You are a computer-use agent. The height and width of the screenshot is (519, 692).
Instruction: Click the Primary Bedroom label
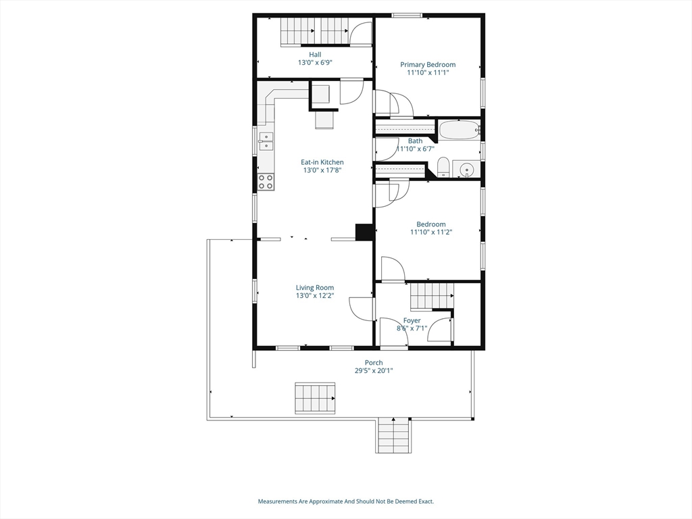tap(428, 65)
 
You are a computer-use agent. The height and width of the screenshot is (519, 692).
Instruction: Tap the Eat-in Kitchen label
tap(322, 162)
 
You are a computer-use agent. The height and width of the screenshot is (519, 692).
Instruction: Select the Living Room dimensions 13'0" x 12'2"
tap(315, 296)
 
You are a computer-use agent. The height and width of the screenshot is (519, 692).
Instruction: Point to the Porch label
tap(374, 363)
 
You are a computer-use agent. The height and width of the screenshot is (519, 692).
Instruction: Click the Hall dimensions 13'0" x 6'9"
tap(315, 62)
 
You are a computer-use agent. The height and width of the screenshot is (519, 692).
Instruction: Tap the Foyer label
tap(412, 320)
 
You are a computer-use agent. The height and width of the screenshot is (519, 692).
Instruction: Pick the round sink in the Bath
tap(466, 169)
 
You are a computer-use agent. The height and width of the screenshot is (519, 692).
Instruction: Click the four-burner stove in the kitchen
tap(266, 181)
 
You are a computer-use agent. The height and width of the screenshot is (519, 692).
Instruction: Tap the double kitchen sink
tap(266, 141)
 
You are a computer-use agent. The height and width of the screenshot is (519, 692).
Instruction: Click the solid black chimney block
tap(364, 232)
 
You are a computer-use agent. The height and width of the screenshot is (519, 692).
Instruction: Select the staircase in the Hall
tap(314, 30)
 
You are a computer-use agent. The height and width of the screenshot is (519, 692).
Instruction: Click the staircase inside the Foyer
tap(431, 295)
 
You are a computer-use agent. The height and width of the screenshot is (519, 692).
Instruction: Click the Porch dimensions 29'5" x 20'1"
tap(374, 371)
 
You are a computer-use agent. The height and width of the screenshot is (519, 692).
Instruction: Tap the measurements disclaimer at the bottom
tap(345, 501)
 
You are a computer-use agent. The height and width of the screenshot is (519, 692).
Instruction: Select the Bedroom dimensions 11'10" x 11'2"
tap(431, 232)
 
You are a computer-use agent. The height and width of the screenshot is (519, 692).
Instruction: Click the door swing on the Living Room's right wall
tap(362, 309)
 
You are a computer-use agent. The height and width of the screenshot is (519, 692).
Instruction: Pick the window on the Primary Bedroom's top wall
tap(407, 16)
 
